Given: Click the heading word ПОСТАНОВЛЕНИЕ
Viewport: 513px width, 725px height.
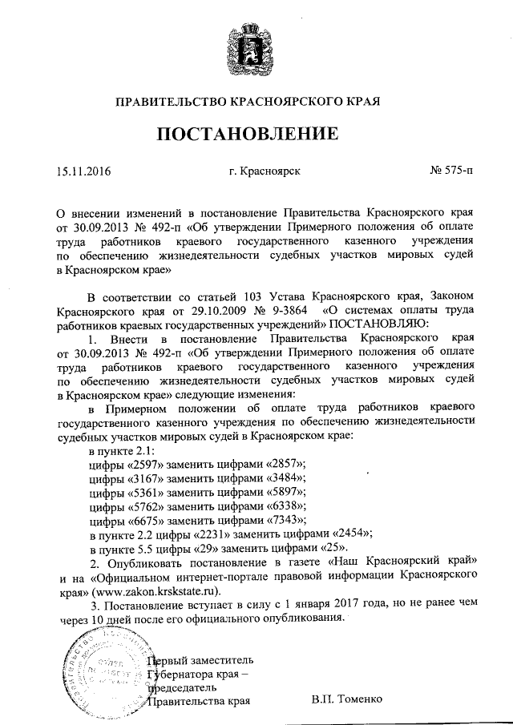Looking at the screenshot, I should tap(246, 133).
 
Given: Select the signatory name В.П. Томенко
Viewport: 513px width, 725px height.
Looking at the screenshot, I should tap(348, 699).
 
